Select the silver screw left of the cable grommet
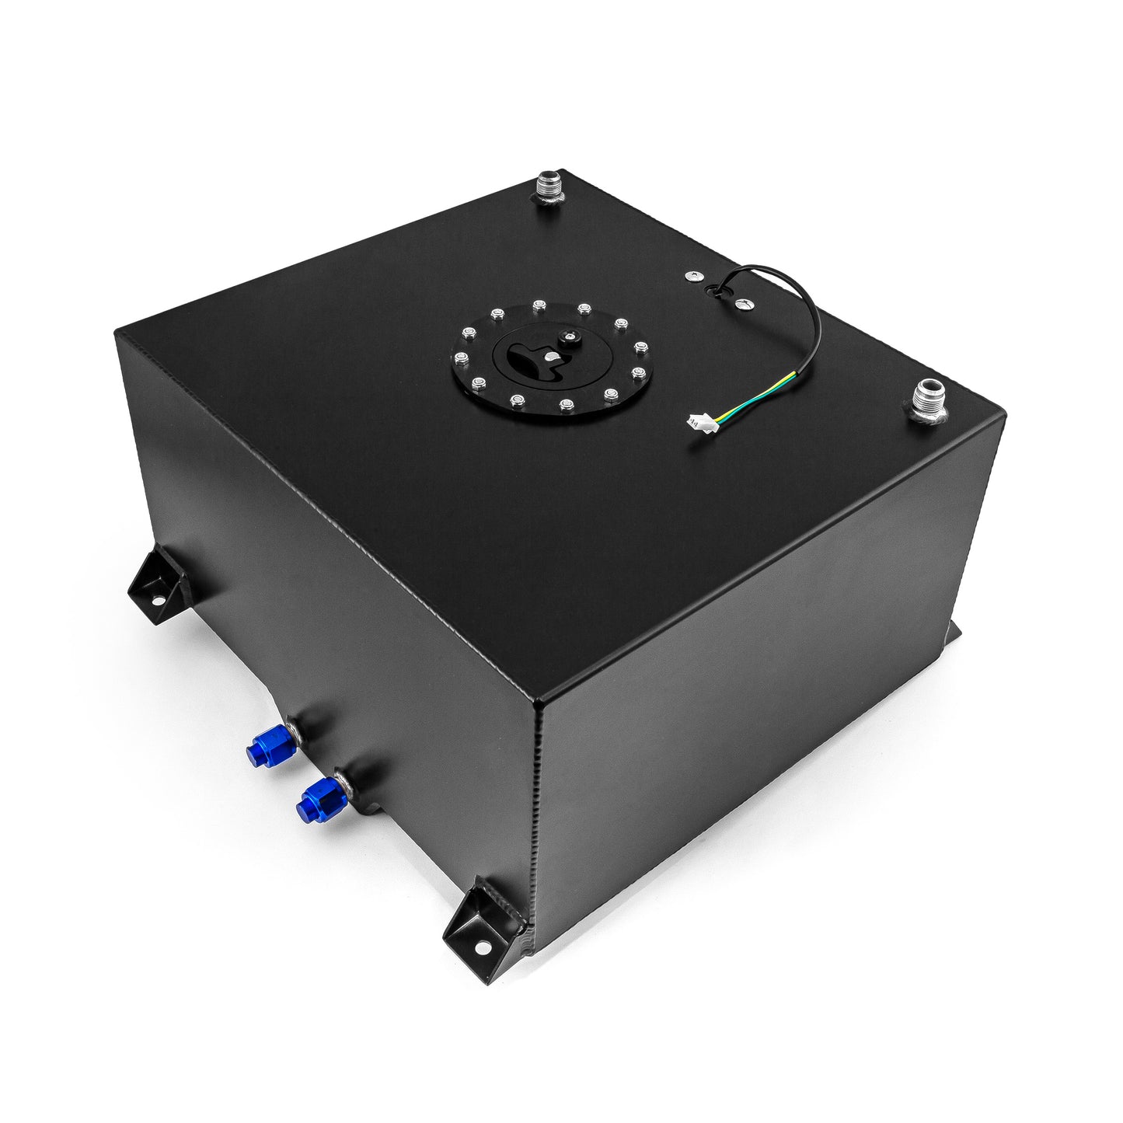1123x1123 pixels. [691, 276]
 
